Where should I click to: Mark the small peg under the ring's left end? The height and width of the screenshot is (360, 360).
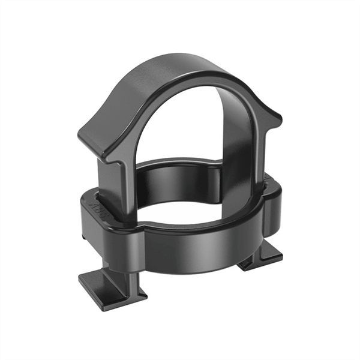[x=85, y=237]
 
